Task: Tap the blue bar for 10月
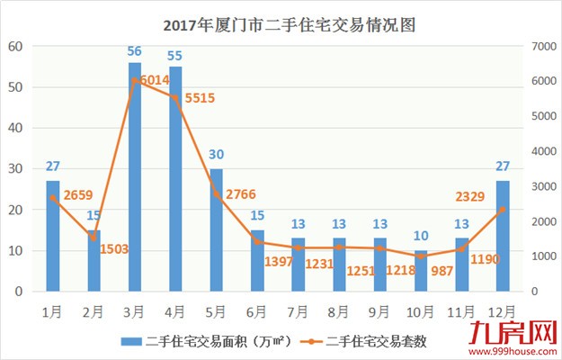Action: pyautogui.click(x=421, y=271)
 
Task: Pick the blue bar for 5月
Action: pyautogui.click(x=217, y=229)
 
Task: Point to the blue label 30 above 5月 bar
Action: pyautogui.click(x=217, y=154)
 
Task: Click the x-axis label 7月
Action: pyautogui.click(x=298, y=311)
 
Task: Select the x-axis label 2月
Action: pyautogui.click(x=94, y=311)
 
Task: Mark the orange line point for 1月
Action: pyautogui.click(x=53, y=198)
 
